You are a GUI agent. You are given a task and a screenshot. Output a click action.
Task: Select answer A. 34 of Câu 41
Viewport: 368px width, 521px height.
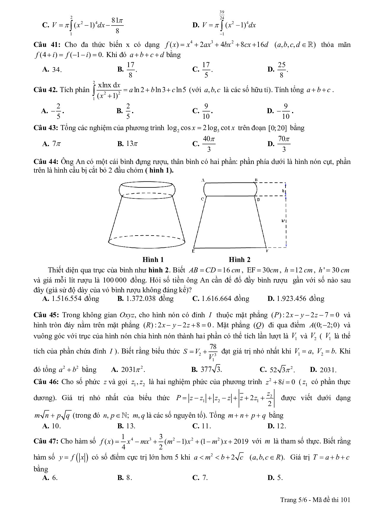pos(52,70)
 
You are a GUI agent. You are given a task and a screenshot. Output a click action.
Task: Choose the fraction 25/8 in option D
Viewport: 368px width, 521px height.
pos(282,70)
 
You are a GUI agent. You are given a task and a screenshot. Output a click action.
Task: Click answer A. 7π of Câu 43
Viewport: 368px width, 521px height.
pos(52,144)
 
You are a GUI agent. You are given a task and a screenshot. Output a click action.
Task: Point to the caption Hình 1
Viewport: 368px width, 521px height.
pos(153,260)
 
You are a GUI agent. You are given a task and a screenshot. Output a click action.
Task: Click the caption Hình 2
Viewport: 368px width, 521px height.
pos(239,260)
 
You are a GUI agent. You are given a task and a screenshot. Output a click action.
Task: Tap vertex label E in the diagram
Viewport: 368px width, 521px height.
pos(193,251)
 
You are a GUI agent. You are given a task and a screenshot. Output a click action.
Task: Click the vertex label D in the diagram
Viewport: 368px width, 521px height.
pos(258,200)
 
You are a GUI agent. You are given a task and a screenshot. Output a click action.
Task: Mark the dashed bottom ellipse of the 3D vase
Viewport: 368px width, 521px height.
pos(147,241)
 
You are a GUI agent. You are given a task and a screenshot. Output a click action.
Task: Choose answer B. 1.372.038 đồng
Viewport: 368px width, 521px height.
pos(145,299)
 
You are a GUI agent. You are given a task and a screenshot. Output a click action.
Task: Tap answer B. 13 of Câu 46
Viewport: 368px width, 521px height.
pos(126,426)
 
